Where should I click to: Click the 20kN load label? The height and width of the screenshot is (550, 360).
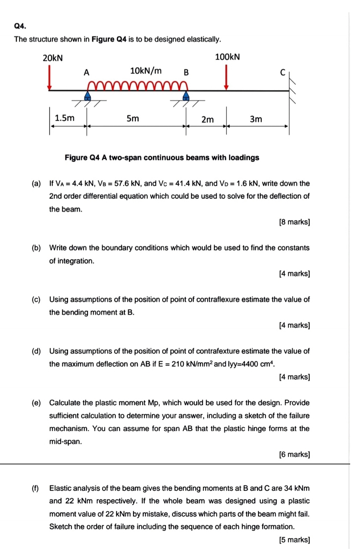[x=53, y=58]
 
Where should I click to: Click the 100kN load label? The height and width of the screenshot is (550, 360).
[x=228, y=57]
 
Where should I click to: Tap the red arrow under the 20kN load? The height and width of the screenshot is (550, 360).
[x=50, y=77]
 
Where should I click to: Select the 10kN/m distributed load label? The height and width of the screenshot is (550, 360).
[x=146, y=71]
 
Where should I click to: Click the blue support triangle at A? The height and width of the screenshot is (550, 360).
[x=87, y=96]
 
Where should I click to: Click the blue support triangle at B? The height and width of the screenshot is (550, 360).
[x=186, y=96]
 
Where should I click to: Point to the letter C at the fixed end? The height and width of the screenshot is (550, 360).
[x=282, y=72]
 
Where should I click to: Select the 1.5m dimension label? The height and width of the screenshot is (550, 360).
[x=64, y=118]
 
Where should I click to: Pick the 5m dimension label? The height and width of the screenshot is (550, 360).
[x=132, y=118]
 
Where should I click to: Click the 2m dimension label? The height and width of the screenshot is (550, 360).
[x=207, y=119]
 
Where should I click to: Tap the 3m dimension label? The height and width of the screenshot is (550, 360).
[x=256, y=119]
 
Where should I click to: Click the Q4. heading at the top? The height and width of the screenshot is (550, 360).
[x=20, y=26]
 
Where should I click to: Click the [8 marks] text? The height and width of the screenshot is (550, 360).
[x=294, y=222]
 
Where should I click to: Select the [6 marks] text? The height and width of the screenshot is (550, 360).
[x=294, y=454]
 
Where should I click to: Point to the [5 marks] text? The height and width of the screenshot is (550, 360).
[x=294, y=540]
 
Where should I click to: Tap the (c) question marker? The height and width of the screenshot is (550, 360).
[x=36, y=300]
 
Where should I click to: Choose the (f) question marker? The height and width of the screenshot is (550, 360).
[x=35, y=488]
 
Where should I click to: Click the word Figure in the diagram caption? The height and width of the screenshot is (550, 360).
[x=76, y=158]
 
